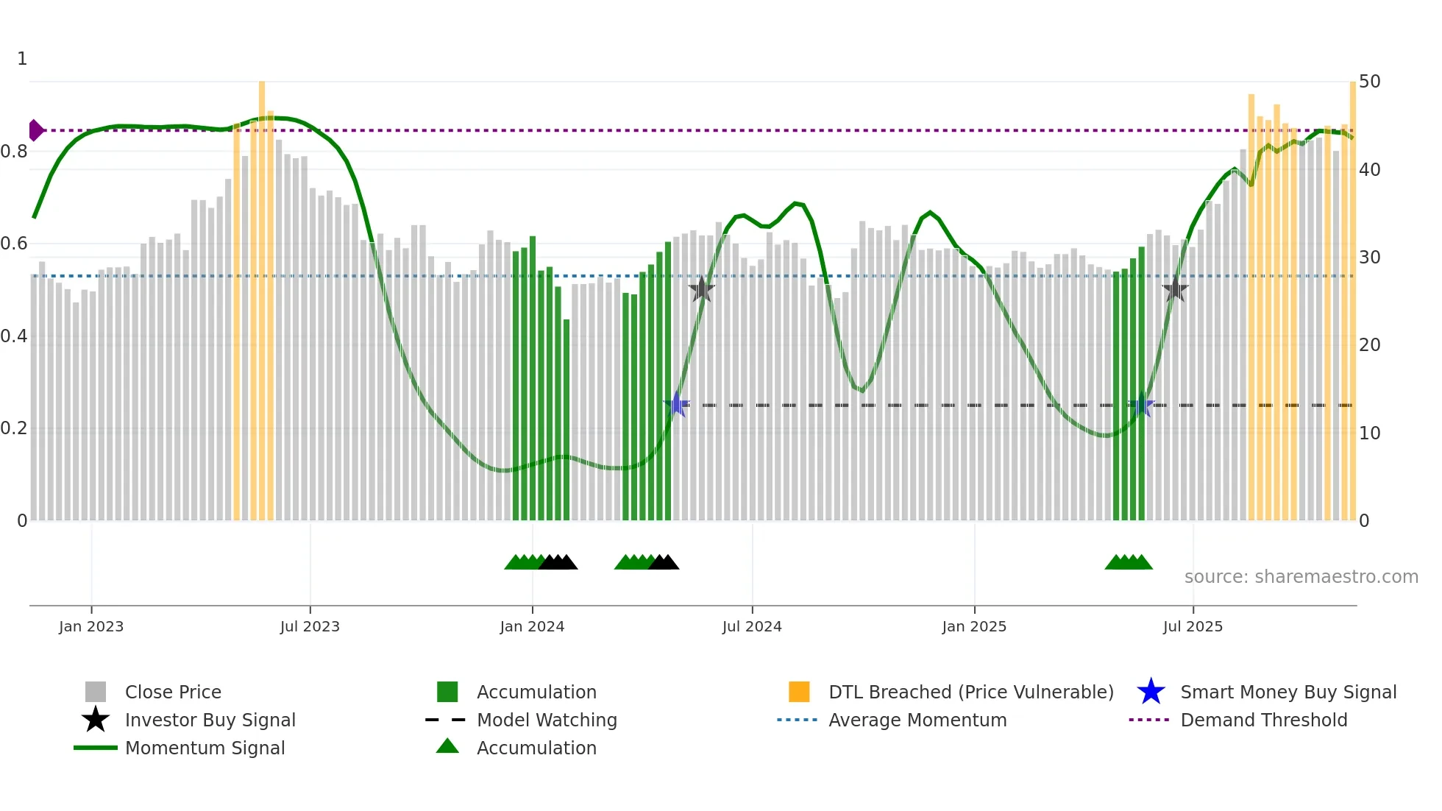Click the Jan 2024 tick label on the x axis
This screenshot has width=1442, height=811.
pos(532,627)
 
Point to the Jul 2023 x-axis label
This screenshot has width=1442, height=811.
pos(310,627)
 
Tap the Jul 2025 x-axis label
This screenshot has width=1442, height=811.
pos(1193,627)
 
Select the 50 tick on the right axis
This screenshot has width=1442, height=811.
pos(1369,82)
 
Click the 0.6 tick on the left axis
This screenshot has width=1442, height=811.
pos(14,244)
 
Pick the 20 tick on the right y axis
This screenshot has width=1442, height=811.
pos(1369,345)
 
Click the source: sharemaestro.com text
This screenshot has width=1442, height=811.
pos(1301,577)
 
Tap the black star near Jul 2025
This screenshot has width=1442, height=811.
pos(1175,289)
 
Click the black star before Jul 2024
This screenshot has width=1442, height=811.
pos(702,289)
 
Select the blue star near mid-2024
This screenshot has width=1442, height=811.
pos(677,404)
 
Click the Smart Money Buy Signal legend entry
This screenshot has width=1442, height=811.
pos(1287,693)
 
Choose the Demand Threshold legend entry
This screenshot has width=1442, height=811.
pos(1263,720)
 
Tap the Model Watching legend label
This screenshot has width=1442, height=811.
pos(547,720)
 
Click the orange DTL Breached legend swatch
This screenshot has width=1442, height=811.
pos(799,692)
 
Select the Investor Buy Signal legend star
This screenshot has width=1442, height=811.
pos(96,720)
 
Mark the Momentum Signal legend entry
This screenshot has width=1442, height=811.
pos(205,748)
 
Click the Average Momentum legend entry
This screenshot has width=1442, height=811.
pos(917,720)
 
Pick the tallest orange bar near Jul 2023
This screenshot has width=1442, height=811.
pos(262,294)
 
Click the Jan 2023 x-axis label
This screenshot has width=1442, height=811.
pos(91,627)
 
